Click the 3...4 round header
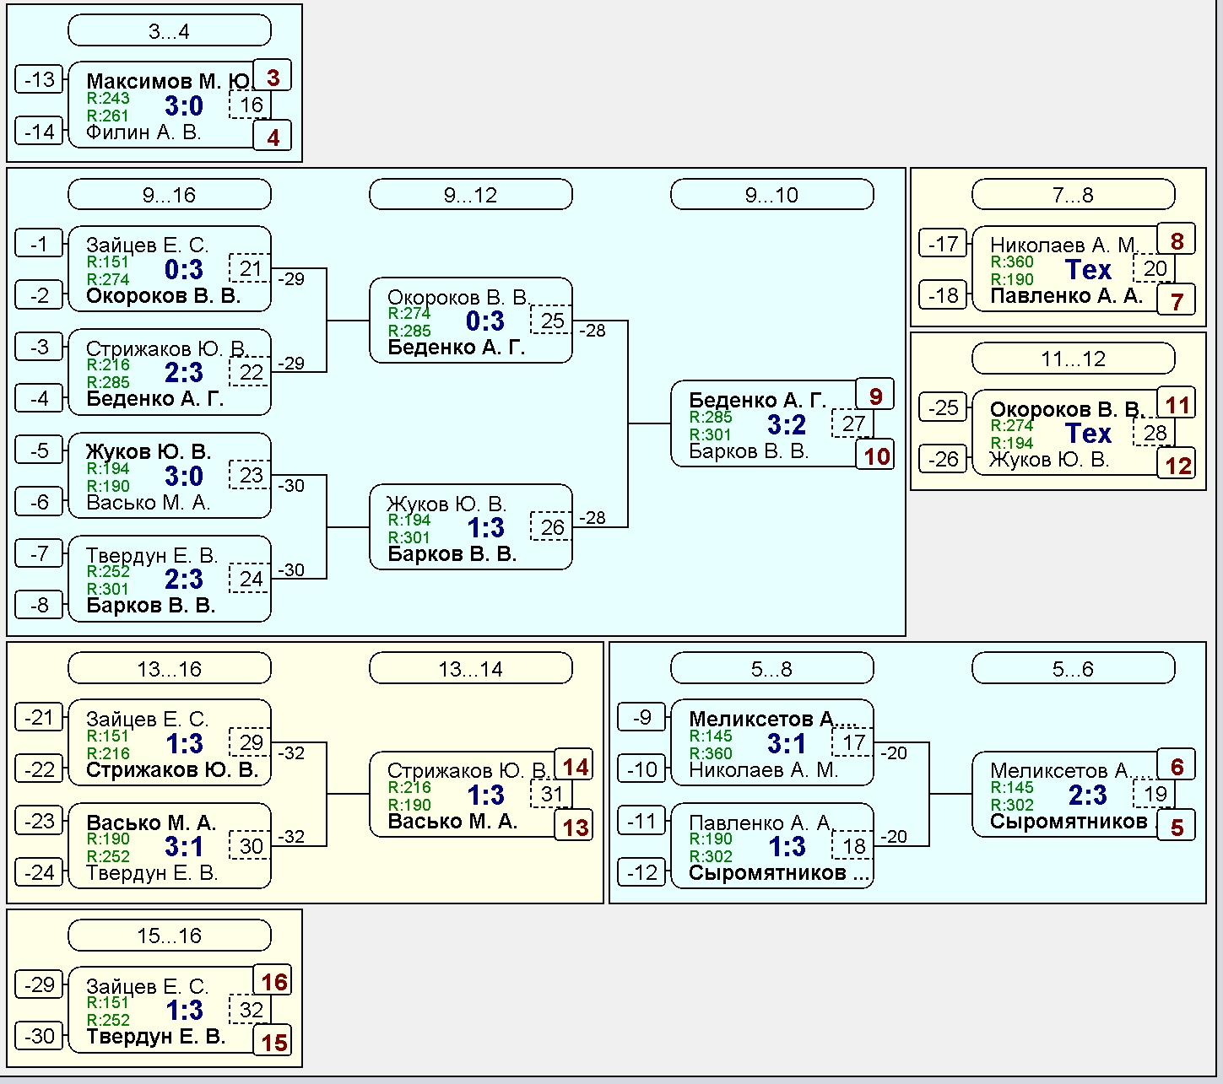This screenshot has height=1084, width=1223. point(169,30)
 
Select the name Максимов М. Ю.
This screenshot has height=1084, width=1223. point(169,80)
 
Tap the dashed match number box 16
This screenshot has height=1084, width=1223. point(250,105)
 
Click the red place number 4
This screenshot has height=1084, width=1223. point(273,137)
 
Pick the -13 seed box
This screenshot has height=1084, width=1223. point(39,79)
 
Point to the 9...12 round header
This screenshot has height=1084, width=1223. point(470,195)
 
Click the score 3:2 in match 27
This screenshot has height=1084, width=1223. point(786,424)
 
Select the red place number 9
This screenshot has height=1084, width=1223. point(875,396)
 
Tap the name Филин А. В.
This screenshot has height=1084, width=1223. point(143,132)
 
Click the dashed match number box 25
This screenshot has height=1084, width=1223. point(551,321)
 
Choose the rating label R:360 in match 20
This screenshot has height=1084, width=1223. point(1012,262)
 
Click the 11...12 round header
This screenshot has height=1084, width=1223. point(1074,359)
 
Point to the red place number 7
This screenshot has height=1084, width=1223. point(1177,300)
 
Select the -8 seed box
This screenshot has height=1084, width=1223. point(39,605)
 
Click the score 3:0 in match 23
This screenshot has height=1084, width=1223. point(183,476)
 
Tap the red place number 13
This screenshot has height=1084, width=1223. point(575,827)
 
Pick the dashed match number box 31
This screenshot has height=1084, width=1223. point(551,794)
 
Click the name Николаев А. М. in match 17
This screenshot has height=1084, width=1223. point(764,769)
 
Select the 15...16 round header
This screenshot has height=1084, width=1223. point(169,936)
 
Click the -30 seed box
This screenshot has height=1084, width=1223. point(39,1036)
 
